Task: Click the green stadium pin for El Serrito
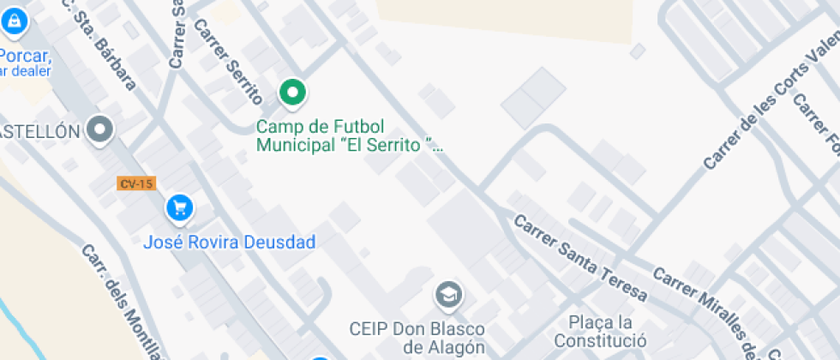[293, 93]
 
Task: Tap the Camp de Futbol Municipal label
[351, 135]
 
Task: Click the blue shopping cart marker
[179, 207]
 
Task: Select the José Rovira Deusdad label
[230, 242]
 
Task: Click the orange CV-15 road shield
[137, 183]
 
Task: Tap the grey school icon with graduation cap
[447, 296]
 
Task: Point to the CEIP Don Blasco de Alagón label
[417, 338]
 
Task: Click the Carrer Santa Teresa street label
[579, 257]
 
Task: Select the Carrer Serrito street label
[228, 62]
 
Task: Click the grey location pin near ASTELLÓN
[101, 130]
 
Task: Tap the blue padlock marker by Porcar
[15, 22]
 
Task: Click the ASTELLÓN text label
[39, 131]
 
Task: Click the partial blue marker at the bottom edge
[319, 356]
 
